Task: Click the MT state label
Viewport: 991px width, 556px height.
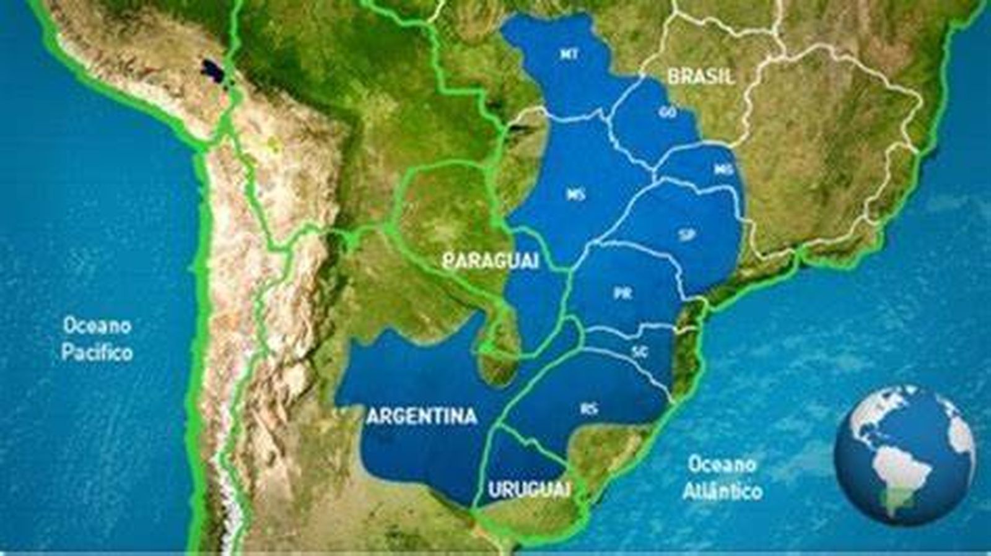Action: click(x=569, y=54)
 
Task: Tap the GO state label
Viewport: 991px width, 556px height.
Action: click(x=668, y=113)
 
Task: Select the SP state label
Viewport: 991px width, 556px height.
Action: click(x=686, y=235)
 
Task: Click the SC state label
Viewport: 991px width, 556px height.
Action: click(x=640, y=352)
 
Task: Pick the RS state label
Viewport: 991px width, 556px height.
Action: click(x=590, y=409)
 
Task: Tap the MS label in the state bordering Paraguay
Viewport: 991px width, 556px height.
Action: click(x=575, y=195)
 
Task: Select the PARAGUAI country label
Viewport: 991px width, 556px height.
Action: click(x=491, y=261)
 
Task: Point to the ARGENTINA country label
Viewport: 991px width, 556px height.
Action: click(x=422, y=416)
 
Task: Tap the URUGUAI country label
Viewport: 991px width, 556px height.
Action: click(x=529, y=490)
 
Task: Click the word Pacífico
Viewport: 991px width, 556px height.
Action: click(x=97, y=353)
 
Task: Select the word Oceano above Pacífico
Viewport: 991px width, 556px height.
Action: click(x=97, y=325)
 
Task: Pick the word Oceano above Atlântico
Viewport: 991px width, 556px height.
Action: click(x=722, y=464)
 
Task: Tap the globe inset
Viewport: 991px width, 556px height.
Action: click(x=905, y=455)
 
